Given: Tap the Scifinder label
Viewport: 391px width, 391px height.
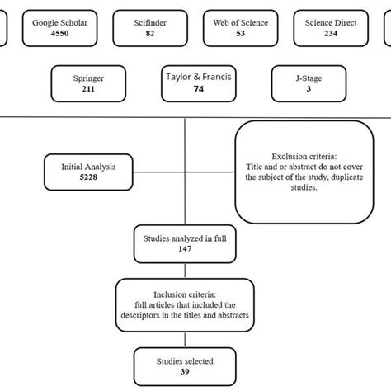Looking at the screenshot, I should pos(150,23).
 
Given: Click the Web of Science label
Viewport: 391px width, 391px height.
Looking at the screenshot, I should pos(240,23).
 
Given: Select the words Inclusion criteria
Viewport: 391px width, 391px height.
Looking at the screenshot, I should pos(185,294).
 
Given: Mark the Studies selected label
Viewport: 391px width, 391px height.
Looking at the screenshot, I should pos(185,361).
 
